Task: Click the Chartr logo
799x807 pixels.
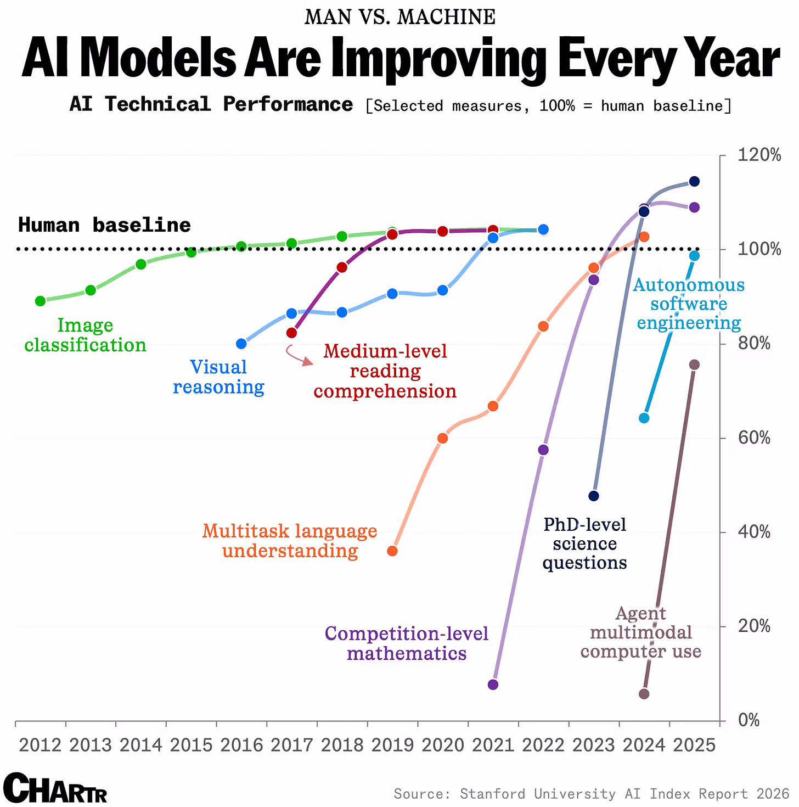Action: coord(55,788)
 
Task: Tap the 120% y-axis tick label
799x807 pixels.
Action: coord(759,155)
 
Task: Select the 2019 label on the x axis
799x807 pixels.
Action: coord(392,745)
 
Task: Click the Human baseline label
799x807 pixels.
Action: coord(104,225)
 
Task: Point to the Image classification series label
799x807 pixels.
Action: coord(85,335)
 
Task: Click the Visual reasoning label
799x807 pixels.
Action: coord(218,377)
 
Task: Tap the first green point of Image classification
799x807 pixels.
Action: coord(40,301)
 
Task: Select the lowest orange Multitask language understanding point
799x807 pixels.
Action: coord(392,551)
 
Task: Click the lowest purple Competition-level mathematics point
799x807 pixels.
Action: coord(493,685)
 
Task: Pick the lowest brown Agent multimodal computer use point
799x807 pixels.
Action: coord(644,694)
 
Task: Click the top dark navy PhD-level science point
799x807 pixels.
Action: coord(694,181)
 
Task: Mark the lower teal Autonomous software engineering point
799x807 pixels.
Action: coord(644,418)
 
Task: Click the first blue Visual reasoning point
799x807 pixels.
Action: coord(241,344)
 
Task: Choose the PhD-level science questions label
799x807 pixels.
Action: coord(584,543)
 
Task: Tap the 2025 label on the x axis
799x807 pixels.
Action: coord(694,745)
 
